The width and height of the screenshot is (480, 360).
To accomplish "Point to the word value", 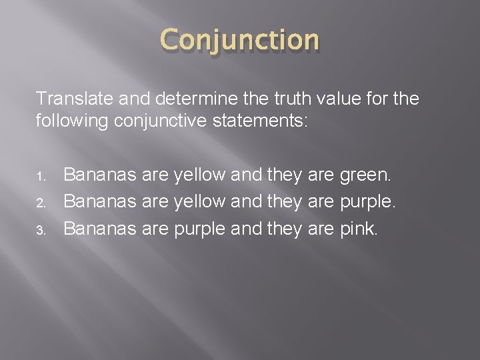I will click(313, 99).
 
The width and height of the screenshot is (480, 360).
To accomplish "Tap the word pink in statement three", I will click(359, 229).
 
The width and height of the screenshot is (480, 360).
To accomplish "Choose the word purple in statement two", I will click(369, 203).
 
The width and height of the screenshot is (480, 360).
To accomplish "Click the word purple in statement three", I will click(200, 229).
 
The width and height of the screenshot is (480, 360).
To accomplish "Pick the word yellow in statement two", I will click(199, 203).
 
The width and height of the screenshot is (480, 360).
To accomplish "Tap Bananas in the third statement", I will click(99, 229).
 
